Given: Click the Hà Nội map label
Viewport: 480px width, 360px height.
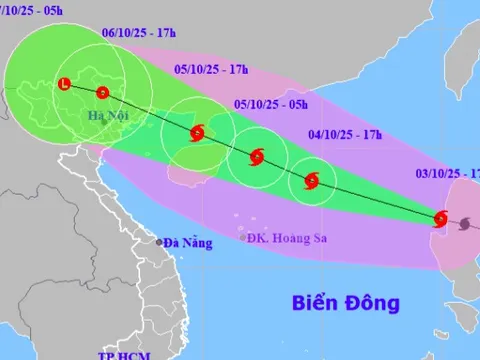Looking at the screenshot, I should [x=109, y=116].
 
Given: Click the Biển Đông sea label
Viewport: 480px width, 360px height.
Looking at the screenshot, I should [x=346, y=301].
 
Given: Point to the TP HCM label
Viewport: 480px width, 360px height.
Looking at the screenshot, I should [x=120, y=355].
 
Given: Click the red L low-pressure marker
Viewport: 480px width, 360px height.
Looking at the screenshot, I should [x=66, y=84].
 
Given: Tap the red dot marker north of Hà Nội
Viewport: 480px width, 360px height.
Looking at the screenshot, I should [x=102, y=93].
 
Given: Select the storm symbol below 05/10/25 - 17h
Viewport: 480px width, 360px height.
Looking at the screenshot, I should [x=197, y=132].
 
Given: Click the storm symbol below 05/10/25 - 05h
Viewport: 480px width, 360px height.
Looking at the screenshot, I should [x=256, y=156].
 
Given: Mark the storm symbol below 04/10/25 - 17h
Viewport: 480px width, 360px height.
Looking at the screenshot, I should [x=311, y=182].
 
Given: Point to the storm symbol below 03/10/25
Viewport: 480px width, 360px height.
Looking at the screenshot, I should [x=441, y=219].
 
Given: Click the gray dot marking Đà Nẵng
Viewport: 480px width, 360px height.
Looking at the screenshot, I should [x=158, y=242].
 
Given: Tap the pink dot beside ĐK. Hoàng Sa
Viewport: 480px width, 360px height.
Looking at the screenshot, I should [x=243, y=237].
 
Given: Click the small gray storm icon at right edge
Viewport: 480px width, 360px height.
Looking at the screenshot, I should [x=463, y=226].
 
